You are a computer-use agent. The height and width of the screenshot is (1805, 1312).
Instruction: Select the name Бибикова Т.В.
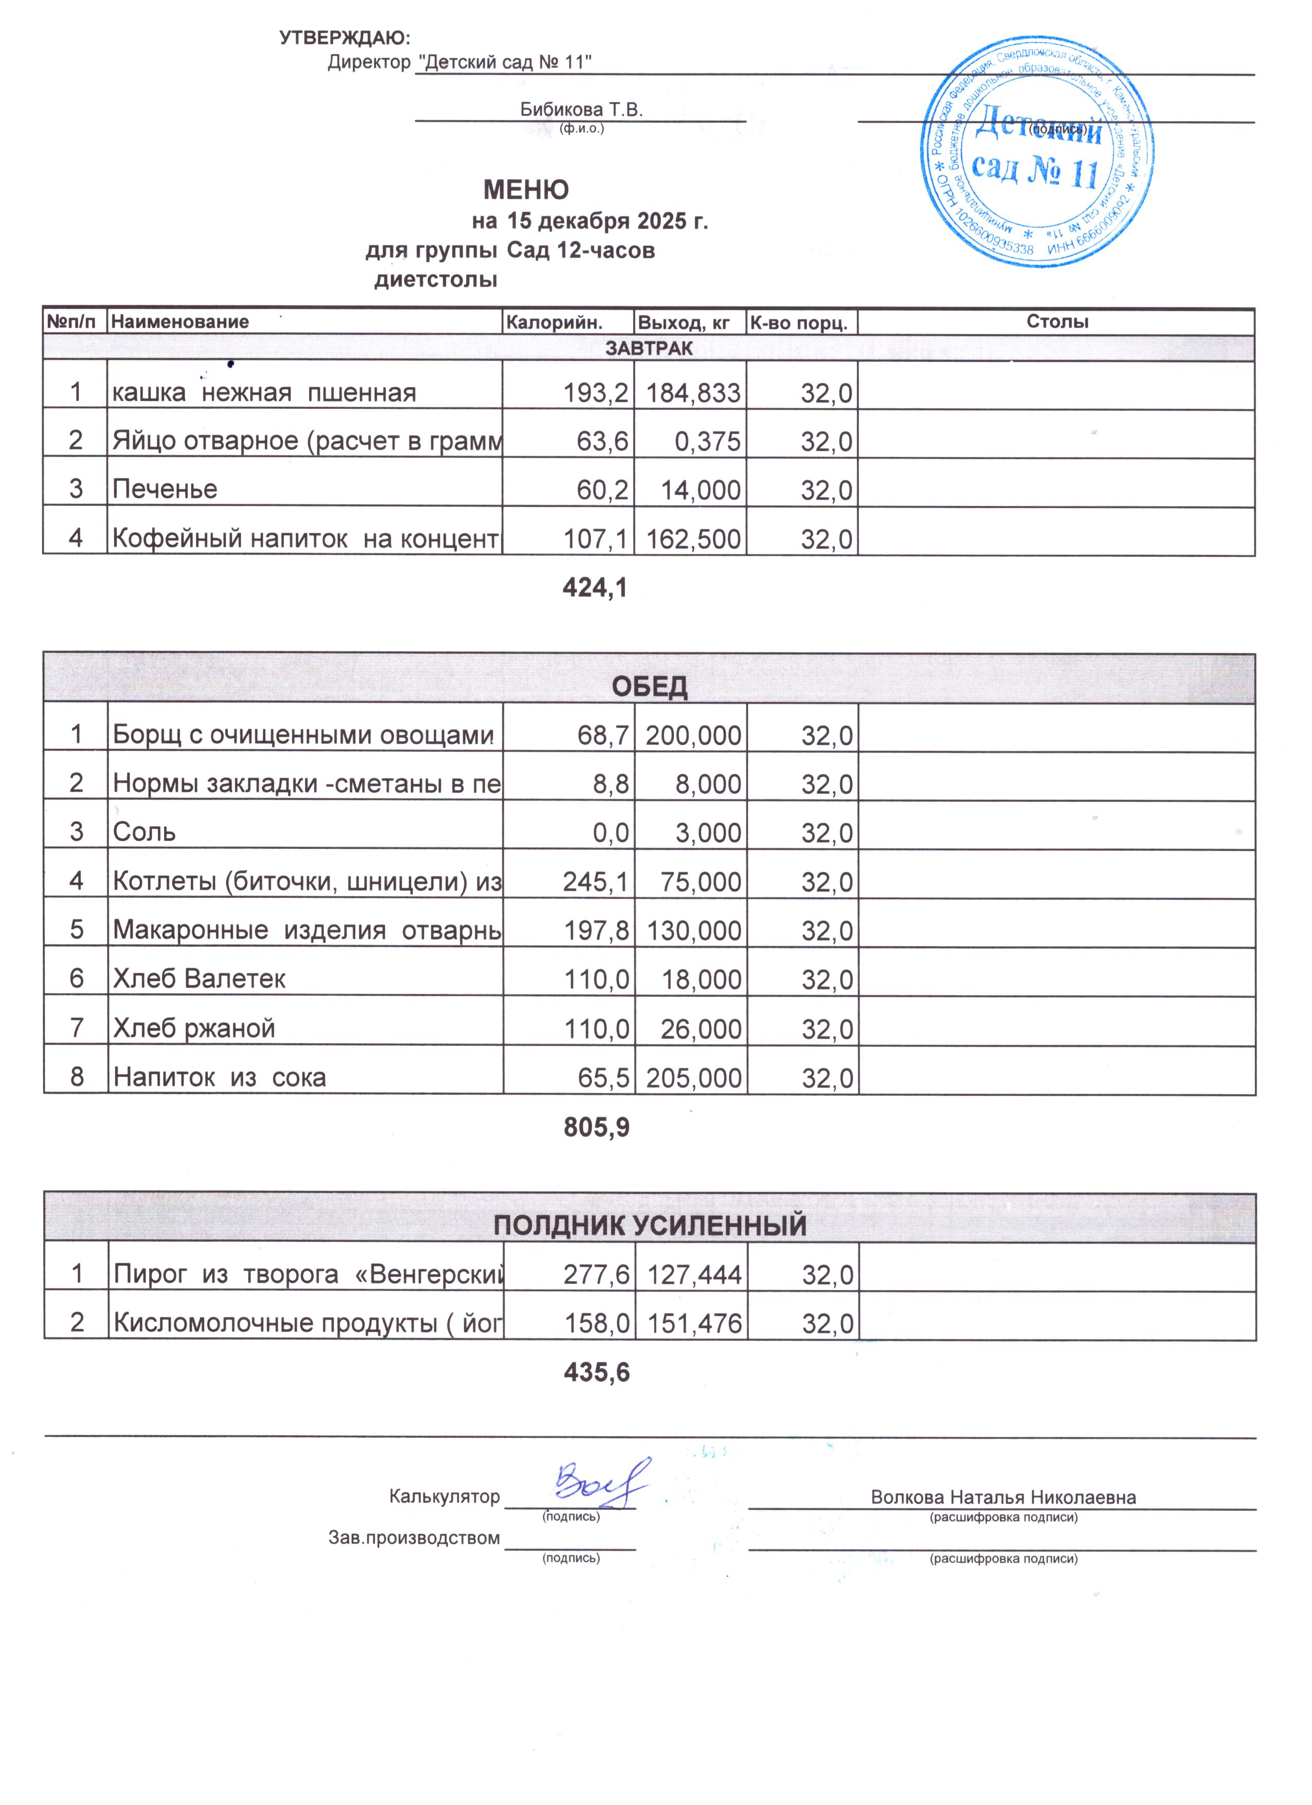coord(581,110)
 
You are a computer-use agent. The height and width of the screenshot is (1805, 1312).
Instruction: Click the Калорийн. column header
coord(555,322)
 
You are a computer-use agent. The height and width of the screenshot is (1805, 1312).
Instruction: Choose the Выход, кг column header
coord(683,322)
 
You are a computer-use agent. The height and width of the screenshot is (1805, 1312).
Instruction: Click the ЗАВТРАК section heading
coord(648,348)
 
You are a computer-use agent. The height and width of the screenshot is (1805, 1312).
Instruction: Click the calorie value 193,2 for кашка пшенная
coord(596,393)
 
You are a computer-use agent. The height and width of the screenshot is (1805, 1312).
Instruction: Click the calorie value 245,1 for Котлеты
coord(596,882)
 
